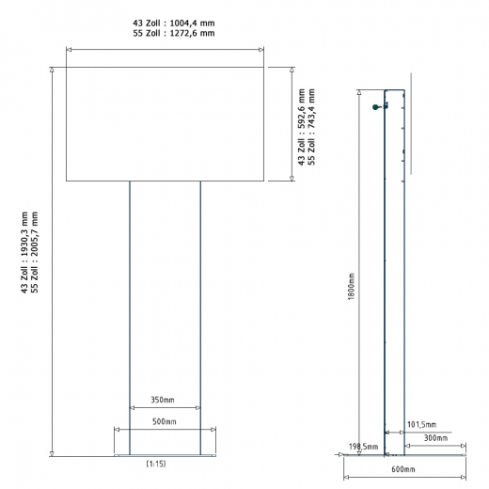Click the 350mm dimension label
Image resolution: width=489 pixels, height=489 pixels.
[163, 400]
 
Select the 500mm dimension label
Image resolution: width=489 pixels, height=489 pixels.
[165, 421]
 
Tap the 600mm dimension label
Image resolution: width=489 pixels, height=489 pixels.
[403, 469]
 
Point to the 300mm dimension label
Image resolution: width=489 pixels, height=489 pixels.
[435, 438]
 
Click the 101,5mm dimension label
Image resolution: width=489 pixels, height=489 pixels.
[421, 425]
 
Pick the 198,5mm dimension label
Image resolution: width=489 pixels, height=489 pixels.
[364, 447]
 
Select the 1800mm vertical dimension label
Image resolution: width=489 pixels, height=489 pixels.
[351, 287]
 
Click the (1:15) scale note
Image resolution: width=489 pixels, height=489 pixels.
[156, 464]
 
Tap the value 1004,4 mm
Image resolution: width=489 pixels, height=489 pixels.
[192, 24]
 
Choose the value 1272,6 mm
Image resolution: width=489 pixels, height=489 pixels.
[192, 33]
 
